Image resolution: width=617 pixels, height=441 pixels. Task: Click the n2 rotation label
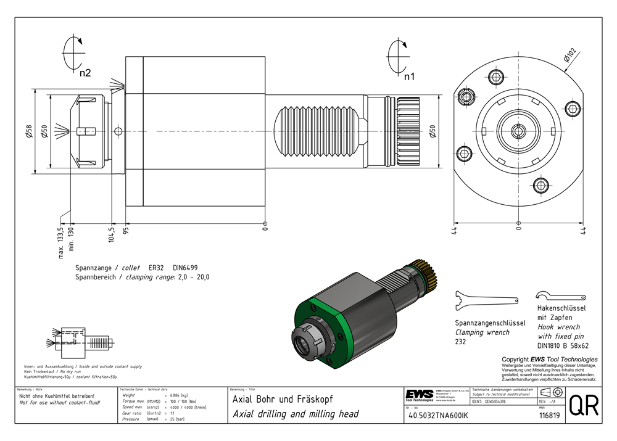point(85,73)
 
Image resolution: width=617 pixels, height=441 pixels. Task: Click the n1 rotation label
point(409,77)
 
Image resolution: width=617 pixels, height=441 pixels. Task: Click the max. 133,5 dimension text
point(60,242)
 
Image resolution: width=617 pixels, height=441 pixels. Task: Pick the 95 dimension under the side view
point(125,231)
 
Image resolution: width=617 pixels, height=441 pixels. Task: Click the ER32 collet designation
point(157,268)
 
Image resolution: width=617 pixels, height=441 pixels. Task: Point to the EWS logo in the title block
point(419,395)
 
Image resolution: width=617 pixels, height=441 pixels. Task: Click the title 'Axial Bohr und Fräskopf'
point(282,400)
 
